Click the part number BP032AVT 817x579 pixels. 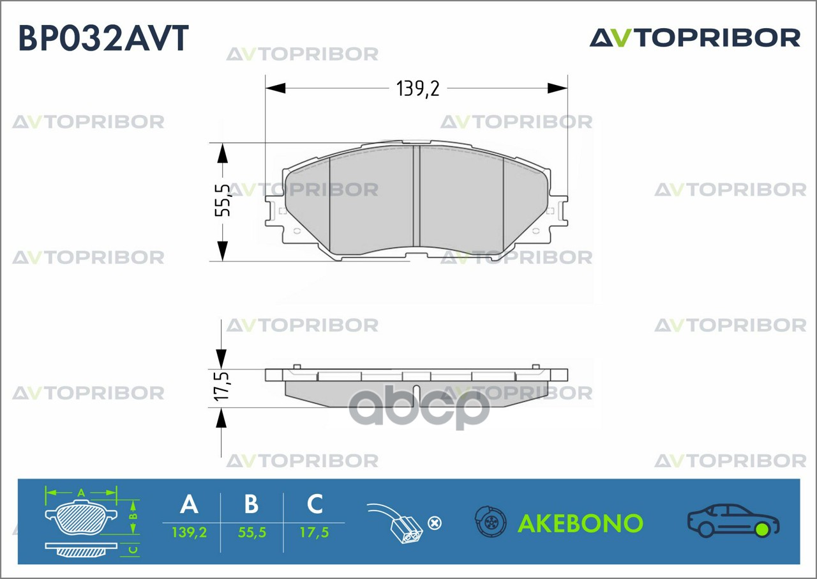click(103, 38)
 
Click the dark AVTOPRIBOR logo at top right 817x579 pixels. click(695, 38)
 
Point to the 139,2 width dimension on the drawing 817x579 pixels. click(417, 89)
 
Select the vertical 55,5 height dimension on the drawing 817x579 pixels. click(223, 201)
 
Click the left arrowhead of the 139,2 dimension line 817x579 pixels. click(275, 88)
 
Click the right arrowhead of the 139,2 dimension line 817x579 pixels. click(558, 88)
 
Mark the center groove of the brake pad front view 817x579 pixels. click(417, 196)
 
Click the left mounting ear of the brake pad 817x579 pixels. click(274, 211)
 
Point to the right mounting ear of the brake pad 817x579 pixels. click(558, 211)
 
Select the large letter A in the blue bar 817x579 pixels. click(190, 504)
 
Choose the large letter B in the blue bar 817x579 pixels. click(251, 504)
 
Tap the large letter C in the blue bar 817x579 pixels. click(315, 504)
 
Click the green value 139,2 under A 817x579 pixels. click(190, 532)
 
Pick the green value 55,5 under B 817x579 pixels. click(251, 532)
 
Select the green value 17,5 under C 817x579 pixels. click(315, 532)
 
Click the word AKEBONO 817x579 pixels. click(580, 523)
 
